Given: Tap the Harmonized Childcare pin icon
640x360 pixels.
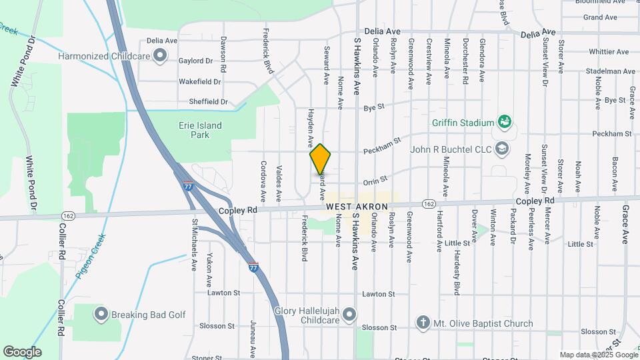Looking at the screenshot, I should (x=159, y=56).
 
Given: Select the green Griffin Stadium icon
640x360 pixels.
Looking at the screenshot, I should (x=505, y=122).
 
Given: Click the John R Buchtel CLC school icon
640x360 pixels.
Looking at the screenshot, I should (x=503, y=148).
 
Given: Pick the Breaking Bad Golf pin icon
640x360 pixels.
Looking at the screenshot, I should (x=101, y=313).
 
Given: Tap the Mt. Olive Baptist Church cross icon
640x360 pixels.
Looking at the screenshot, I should (x=422, y=323).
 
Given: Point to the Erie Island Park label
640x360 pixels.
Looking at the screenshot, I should (x=199, y=130).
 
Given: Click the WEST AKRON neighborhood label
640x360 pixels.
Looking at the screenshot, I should (x=357, y=207).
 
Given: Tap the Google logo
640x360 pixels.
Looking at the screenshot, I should (x=22, y=352).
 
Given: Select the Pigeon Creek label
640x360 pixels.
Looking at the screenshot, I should (x=91, y=257).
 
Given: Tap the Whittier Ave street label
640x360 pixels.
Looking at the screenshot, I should (x=609, y=51).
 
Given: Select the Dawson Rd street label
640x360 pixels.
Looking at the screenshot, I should (x=223, y=55).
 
